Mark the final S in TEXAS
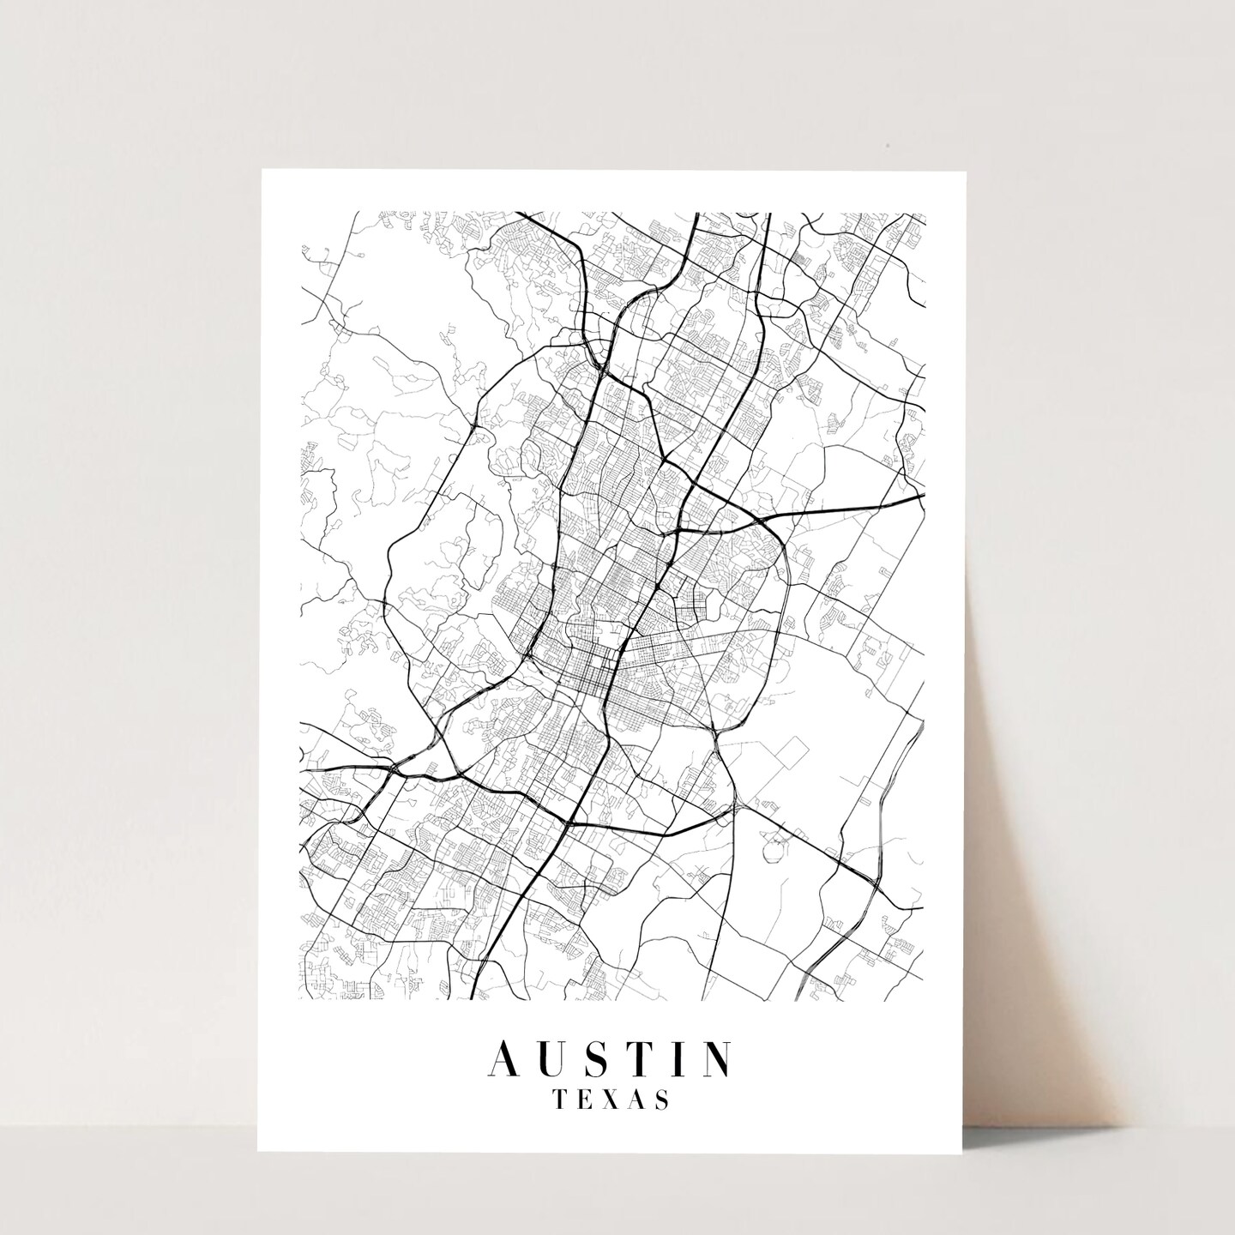click(x=664, y=1099)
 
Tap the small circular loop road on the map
click(x=775, y=848)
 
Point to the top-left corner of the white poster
click(x=258, y=170)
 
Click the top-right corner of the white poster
click(x=966, y=172)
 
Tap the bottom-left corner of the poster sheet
click(x=258, y=1152)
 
